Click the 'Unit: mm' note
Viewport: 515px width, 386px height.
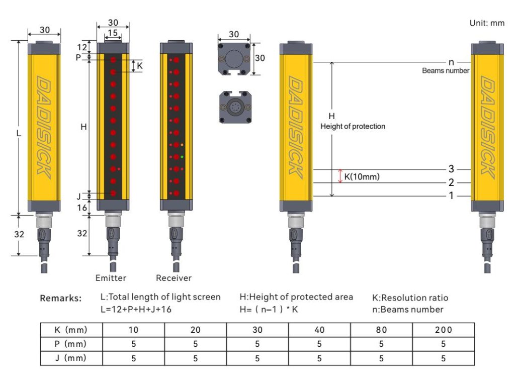pos(486,23)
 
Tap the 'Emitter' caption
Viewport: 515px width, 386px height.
pos(111,278)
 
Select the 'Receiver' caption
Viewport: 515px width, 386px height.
pos(174,278)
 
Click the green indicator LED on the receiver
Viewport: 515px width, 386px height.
pos(182,157)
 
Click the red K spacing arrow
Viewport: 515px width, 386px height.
pos(340,176)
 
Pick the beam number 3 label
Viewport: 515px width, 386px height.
pos(451,169)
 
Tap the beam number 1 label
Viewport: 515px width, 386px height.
pos(451,196)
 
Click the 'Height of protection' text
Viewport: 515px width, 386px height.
pos(353,126)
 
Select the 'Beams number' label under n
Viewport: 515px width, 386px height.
pos(445,71)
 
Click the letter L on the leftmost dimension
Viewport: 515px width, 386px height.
pos(18,134)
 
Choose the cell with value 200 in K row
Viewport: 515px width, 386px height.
pos(443,330)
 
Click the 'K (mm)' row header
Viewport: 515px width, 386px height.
pos(71,330)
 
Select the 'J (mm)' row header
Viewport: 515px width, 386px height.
pos(71,358)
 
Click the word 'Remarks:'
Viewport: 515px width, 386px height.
pos(60,299)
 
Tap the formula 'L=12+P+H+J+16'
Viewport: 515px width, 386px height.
pos(136,310)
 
